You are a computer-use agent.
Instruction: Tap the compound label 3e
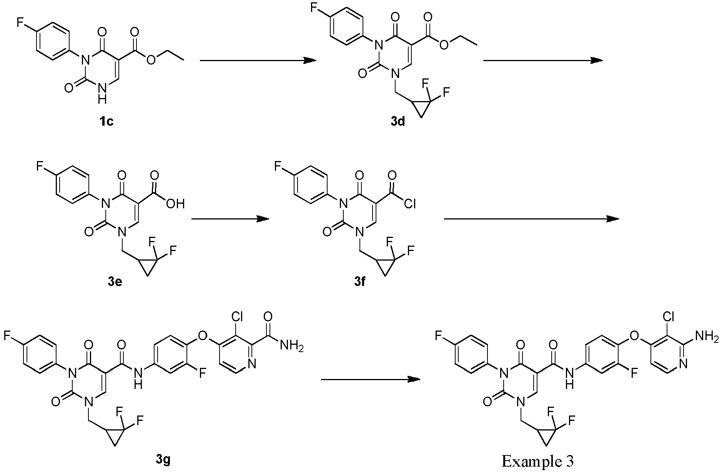click(x=116, y=284)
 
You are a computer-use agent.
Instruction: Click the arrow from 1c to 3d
click(x=258, y=60)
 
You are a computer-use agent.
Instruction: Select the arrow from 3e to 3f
click(x=230, y=219)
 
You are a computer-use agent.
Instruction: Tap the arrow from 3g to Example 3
click(x=370, y=379)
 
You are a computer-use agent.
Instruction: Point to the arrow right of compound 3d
click(x=542, y=60)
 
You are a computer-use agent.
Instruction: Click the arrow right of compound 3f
click(x=531, y=219)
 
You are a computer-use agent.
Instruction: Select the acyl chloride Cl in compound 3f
click(x=410, y=203)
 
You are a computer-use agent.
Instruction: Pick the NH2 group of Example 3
click(x=707, y=337)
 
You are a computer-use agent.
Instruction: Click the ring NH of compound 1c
click(x=101, y=93)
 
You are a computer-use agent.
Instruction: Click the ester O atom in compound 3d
click(x=444, y=45)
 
